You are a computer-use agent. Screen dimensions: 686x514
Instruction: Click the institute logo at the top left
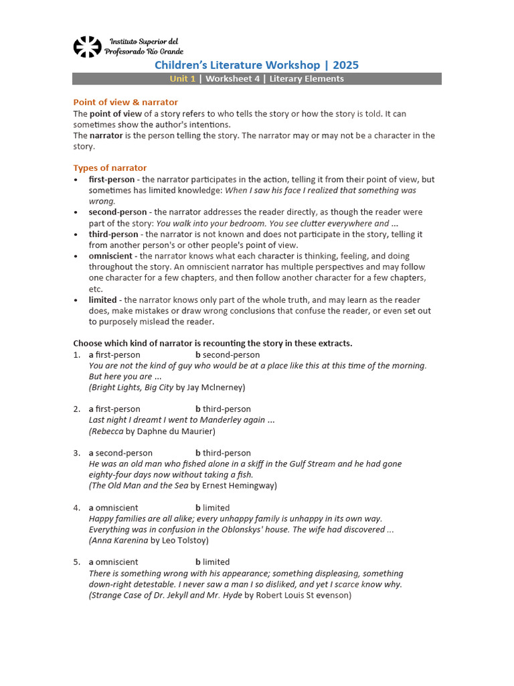87,47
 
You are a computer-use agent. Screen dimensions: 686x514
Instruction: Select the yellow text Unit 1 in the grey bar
183,79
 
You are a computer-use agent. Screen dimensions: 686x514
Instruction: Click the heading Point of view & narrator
125,102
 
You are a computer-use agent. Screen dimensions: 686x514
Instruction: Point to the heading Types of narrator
110,168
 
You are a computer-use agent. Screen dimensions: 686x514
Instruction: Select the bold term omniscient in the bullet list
112,256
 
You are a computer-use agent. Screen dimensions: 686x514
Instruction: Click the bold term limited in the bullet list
102,300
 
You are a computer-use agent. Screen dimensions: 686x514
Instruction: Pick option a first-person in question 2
114,409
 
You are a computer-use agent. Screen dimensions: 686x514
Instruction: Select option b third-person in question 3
223,453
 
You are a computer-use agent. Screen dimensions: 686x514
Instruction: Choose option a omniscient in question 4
114,508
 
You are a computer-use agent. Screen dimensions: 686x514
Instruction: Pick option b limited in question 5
212,562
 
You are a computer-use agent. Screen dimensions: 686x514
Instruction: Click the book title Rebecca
107,431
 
